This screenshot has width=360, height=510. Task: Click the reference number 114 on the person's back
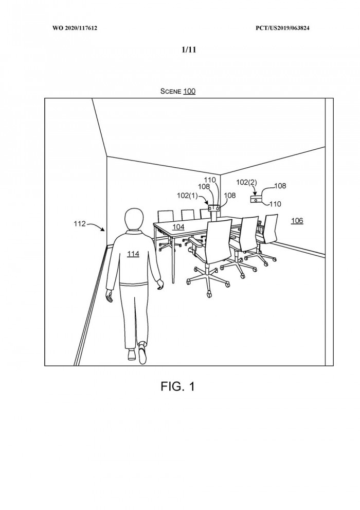pos(133,254)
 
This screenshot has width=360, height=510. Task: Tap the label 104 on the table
pos(178,226)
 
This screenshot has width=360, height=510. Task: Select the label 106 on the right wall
pos(297,221)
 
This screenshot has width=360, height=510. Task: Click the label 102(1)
pos(187,196)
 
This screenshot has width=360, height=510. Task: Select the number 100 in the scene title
pos(189,92)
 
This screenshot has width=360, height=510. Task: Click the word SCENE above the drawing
pos(171,92)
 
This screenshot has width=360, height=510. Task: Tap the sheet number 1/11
pos(188,50)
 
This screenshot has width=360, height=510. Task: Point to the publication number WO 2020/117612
pos(75,27)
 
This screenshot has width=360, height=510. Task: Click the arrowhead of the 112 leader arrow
pos(105,230)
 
